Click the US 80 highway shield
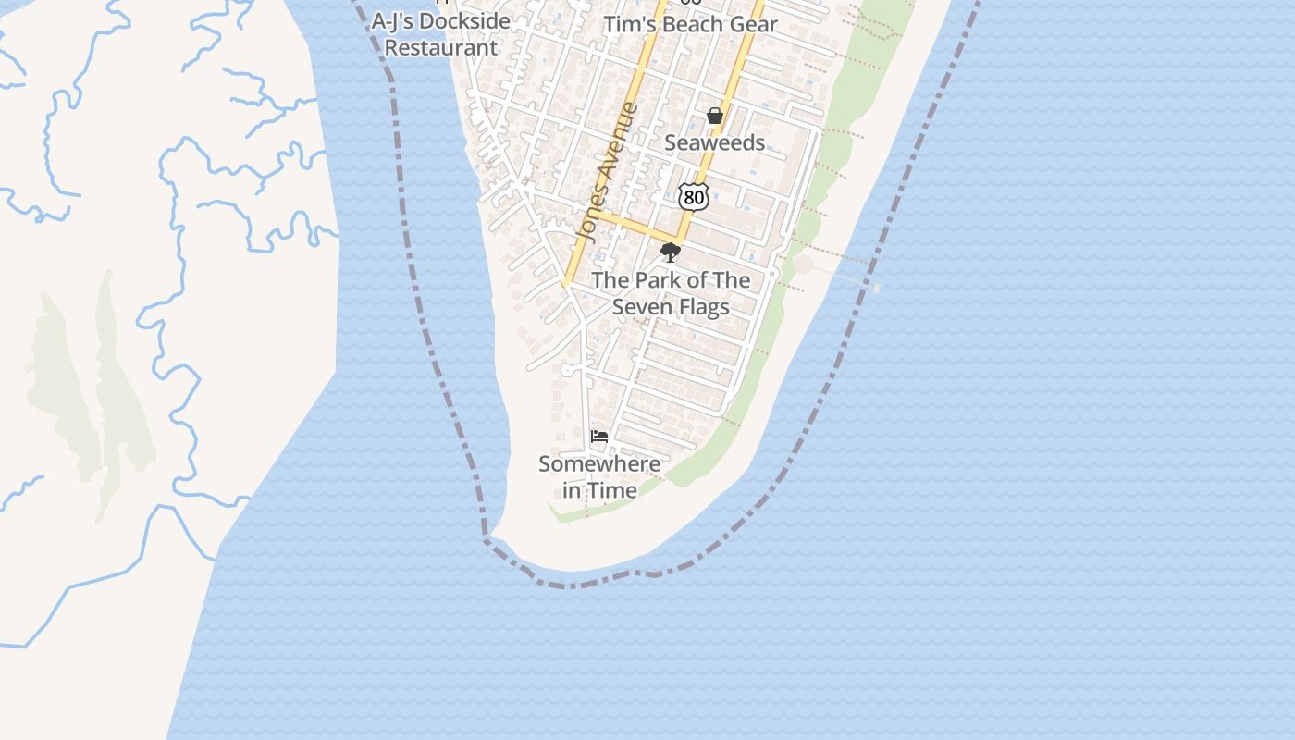(693, 196)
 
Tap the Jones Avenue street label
(607, 173)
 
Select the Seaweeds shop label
(714, 142)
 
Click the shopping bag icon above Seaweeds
(714, 116)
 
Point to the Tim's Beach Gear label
(690, 24)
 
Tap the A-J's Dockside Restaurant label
(441, 34)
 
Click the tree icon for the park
(671, 253)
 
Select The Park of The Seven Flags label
(671, 293)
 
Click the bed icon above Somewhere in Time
(599, 436)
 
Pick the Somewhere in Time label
(599, 477)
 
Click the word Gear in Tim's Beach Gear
(753, 24)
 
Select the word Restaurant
(441, 48)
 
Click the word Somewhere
(599, 463)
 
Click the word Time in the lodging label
(612, 490)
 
